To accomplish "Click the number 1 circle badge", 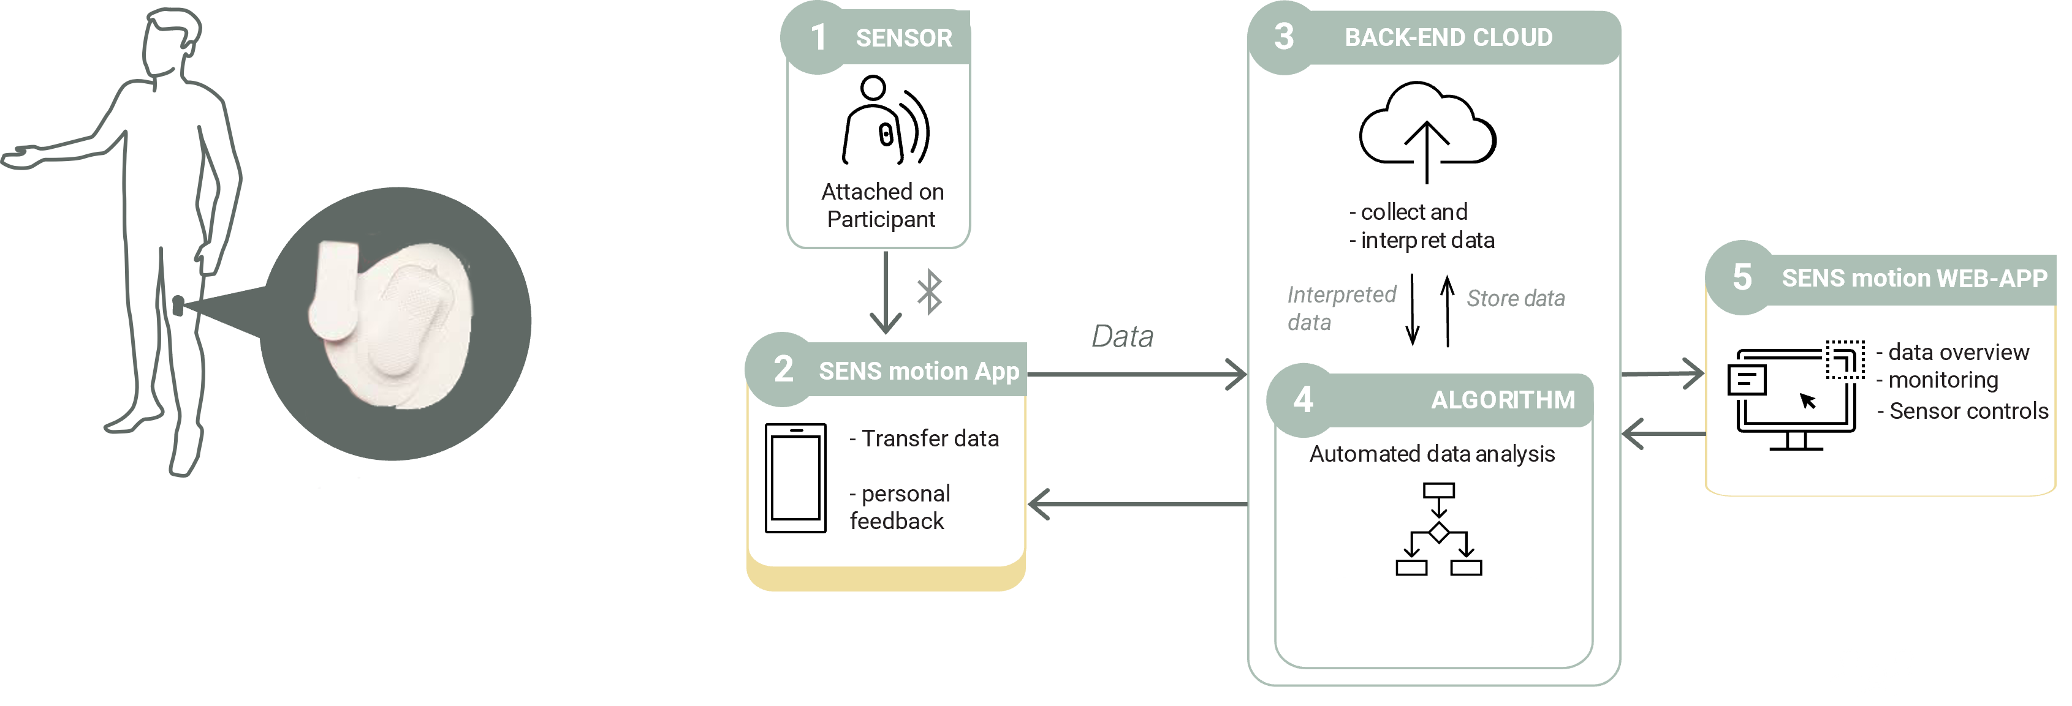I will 818,37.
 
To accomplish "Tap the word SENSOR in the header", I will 903,38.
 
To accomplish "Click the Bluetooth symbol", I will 930,292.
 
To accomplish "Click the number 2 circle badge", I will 783,369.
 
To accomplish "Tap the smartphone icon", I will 795,478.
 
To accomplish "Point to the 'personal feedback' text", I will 899,508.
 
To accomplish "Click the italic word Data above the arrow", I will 1122,336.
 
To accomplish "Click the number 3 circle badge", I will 1284,37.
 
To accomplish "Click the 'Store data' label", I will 1516,298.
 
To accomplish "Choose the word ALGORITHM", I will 1503,400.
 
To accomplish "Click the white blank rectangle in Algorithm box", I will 1433,612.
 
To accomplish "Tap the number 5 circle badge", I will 1742,277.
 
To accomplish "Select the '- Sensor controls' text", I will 1962,411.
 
